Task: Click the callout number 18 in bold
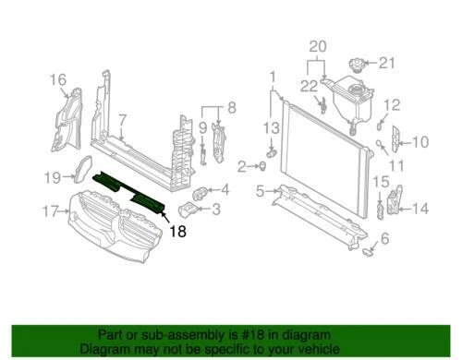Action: (x=176, y=234)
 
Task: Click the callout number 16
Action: (x=58, y=79)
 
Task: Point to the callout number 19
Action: (x=53, y=175)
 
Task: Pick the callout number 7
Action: (x=121, y=119)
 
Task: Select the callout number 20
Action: (x=318, y=46)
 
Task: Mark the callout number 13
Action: (x=271, y=126)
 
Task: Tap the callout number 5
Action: (x=261, y=191)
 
